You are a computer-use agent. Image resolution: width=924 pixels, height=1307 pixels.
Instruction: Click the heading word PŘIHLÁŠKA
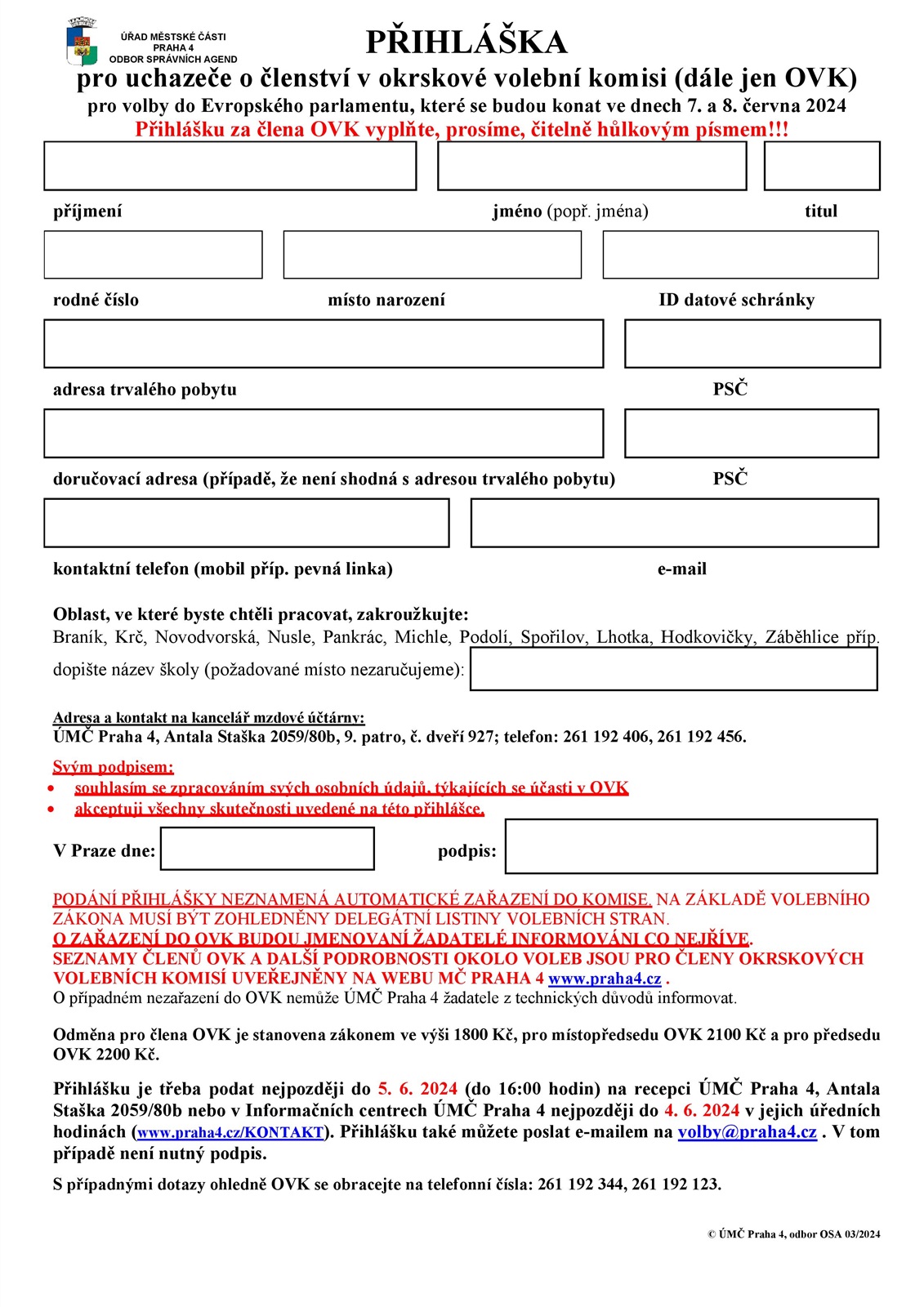[x=466, y=42]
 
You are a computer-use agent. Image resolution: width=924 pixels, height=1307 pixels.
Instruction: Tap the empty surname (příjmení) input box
[x=230, y=166]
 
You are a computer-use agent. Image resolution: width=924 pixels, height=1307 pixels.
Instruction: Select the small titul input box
[x=821, y=166]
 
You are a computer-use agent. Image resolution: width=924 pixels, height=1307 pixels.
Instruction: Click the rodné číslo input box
[x=153, y=255]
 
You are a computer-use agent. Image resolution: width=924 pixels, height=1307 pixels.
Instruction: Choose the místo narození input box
[x=432, y=255]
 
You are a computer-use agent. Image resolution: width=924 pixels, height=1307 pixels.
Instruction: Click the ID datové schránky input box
[x=740, y=255]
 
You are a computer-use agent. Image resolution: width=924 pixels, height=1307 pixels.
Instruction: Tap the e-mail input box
[x=674, y=523]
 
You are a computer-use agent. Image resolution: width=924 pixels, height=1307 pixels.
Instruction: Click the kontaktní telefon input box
[x=246, y=523]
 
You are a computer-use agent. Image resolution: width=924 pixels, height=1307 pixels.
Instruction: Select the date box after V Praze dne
[x=267, y=849]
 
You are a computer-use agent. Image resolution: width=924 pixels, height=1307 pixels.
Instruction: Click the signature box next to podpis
[x=691, y=846]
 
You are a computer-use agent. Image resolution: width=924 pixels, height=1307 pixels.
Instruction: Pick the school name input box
[x=673, y=670]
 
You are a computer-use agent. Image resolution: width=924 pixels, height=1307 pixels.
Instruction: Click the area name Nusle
[x=289, y=637]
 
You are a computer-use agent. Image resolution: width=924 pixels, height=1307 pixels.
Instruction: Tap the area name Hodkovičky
[x=708, y=637]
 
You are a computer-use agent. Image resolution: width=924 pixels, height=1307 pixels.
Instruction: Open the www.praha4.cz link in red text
[x=605, y=979]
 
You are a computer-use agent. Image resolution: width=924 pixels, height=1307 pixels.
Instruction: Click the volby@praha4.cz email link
[x=747, y=1132]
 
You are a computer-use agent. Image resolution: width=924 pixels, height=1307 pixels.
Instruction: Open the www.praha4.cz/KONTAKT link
[x=230, y=1133]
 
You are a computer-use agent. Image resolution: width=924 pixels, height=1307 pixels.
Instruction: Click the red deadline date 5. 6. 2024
[x=417, y=1089]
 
